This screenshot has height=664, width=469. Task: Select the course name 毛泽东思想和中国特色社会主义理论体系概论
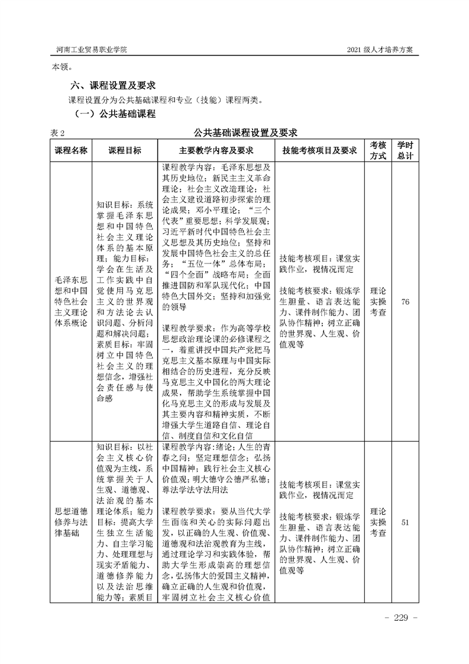click(70, 302)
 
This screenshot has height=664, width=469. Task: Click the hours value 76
click(405, 302)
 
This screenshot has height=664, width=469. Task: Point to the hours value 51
click(405, 522)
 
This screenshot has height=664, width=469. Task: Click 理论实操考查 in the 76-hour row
click(378, 302)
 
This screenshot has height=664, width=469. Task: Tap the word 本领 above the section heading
click(61, 67)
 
